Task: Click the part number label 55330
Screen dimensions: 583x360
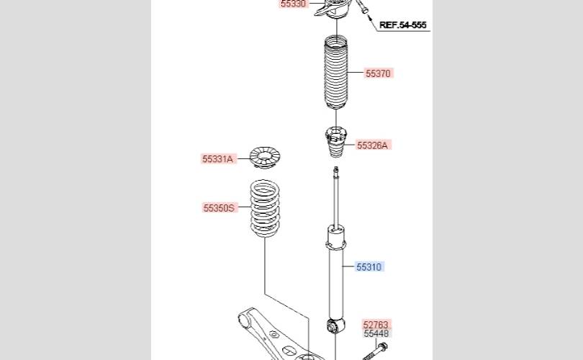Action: pos(293,4)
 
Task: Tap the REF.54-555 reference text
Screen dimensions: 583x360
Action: pos(402,25)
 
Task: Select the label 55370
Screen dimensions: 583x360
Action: pos(378,73)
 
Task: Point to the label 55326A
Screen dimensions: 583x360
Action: pos(372,145)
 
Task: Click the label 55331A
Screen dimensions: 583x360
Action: pos(217,159)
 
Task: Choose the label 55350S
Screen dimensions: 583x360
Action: pos(219,207)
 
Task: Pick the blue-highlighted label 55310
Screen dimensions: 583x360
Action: pos(369,266)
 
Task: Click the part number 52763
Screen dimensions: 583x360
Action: pos(376,325)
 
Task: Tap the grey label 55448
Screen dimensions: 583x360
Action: pos(376,333)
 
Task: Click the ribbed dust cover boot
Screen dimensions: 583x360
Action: pos(336,72)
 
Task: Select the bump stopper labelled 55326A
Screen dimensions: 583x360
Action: pos(335,142)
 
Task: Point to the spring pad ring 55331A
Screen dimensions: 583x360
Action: pos(264,157)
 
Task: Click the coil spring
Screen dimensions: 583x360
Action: pos(264,208)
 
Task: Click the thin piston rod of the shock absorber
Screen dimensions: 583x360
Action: pos(335,197)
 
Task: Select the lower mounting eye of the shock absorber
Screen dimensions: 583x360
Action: pos(335,326)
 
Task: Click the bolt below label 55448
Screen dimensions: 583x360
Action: pos(375,352)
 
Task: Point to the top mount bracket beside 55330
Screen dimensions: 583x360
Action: pos(332,8)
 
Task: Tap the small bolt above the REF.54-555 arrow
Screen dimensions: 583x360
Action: pos(363,6)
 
